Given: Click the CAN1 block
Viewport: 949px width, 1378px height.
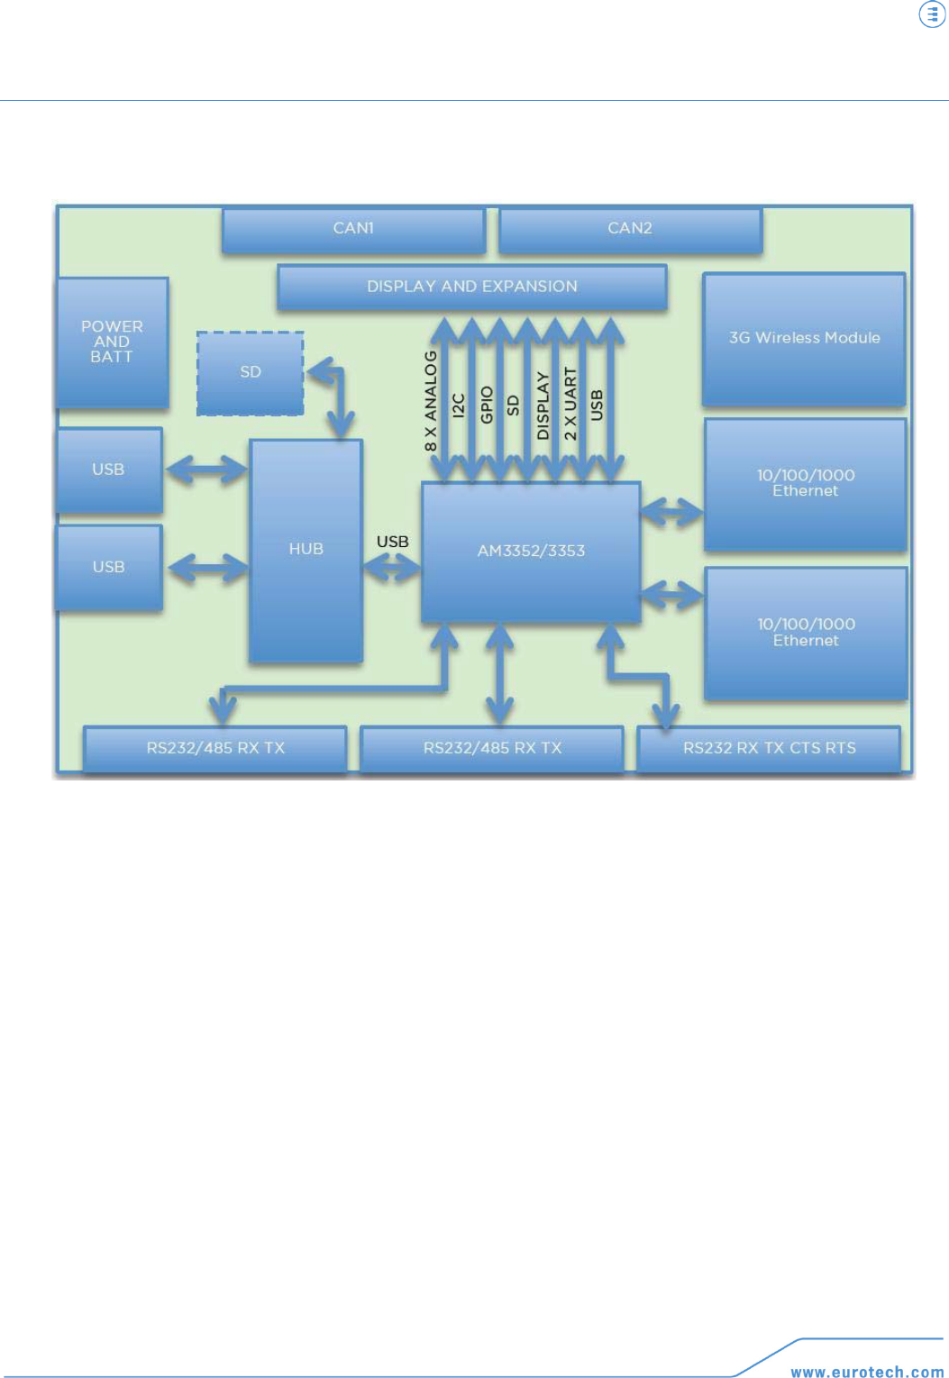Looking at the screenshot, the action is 353,229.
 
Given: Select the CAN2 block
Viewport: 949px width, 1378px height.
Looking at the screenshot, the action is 630,229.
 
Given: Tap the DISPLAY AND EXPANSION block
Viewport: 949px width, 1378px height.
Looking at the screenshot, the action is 471,287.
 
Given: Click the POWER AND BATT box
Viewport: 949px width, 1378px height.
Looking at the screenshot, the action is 112,342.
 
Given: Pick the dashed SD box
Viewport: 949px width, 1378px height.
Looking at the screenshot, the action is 251,372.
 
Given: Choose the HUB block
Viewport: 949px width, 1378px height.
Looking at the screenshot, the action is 306,550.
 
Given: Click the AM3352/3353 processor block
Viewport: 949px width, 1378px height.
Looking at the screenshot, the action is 531,551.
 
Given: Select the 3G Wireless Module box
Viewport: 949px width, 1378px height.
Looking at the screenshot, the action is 804,338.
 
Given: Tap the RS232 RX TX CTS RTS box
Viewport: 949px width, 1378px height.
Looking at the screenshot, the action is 769,748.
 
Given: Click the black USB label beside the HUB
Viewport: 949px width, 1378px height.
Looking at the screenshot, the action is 392,542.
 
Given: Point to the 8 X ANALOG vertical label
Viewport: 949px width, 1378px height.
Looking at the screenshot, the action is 431,401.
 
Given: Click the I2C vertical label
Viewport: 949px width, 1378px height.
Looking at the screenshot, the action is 459,406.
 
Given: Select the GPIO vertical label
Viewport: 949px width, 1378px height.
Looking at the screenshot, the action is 487,405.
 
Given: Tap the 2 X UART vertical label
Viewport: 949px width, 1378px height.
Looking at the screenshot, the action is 570,403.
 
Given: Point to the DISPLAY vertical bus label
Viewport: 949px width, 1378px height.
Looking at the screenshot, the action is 543,406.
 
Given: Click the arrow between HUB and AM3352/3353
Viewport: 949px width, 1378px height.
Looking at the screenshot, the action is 392,568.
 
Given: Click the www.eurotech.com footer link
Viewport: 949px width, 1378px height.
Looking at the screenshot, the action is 867,1372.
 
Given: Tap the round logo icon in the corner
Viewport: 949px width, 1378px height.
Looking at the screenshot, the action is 932,14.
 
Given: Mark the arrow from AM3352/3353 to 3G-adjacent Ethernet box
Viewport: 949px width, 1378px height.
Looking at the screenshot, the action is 671,512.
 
